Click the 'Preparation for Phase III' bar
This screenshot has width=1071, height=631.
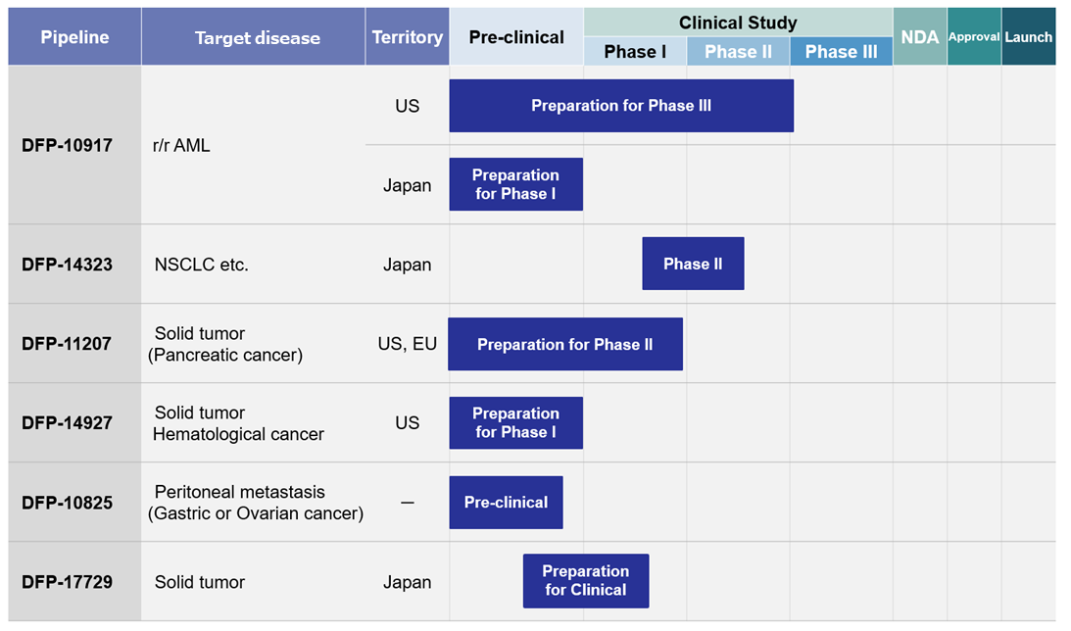coord(621,106)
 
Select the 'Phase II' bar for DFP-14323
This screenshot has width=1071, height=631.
coord(693,264)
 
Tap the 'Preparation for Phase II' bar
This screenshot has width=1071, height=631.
coord(564,344)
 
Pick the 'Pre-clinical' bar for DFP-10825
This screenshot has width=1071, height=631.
coord(507,503)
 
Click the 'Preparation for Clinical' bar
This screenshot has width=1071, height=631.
coord(586,580)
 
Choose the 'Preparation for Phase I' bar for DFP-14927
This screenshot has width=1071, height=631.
coord(515,422)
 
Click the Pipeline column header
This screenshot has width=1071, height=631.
coord(74,37)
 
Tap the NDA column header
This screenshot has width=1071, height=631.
coord(920,37)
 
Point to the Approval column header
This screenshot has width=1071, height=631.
coord(974,37)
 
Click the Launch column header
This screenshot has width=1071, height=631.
coord(1029,37)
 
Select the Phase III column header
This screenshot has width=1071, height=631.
coord(841,51)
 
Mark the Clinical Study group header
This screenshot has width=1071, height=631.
coord(739,23)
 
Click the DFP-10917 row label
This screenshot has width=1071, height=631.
coord(67,145)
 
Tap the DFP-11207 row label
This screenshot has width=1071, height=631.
coord(67,344)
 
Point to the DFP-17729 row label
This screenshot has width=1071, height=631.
coord(67,582)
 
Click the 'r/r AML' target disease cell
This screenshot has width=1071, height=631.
coord(181,145)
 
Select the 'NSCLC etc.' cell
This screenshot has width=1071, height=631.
coord(202,265)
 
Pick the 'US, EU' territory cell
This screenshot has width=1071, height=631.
coord(407,344)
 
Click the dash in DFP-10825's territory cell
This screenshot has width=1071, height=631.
coord(407,503)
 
